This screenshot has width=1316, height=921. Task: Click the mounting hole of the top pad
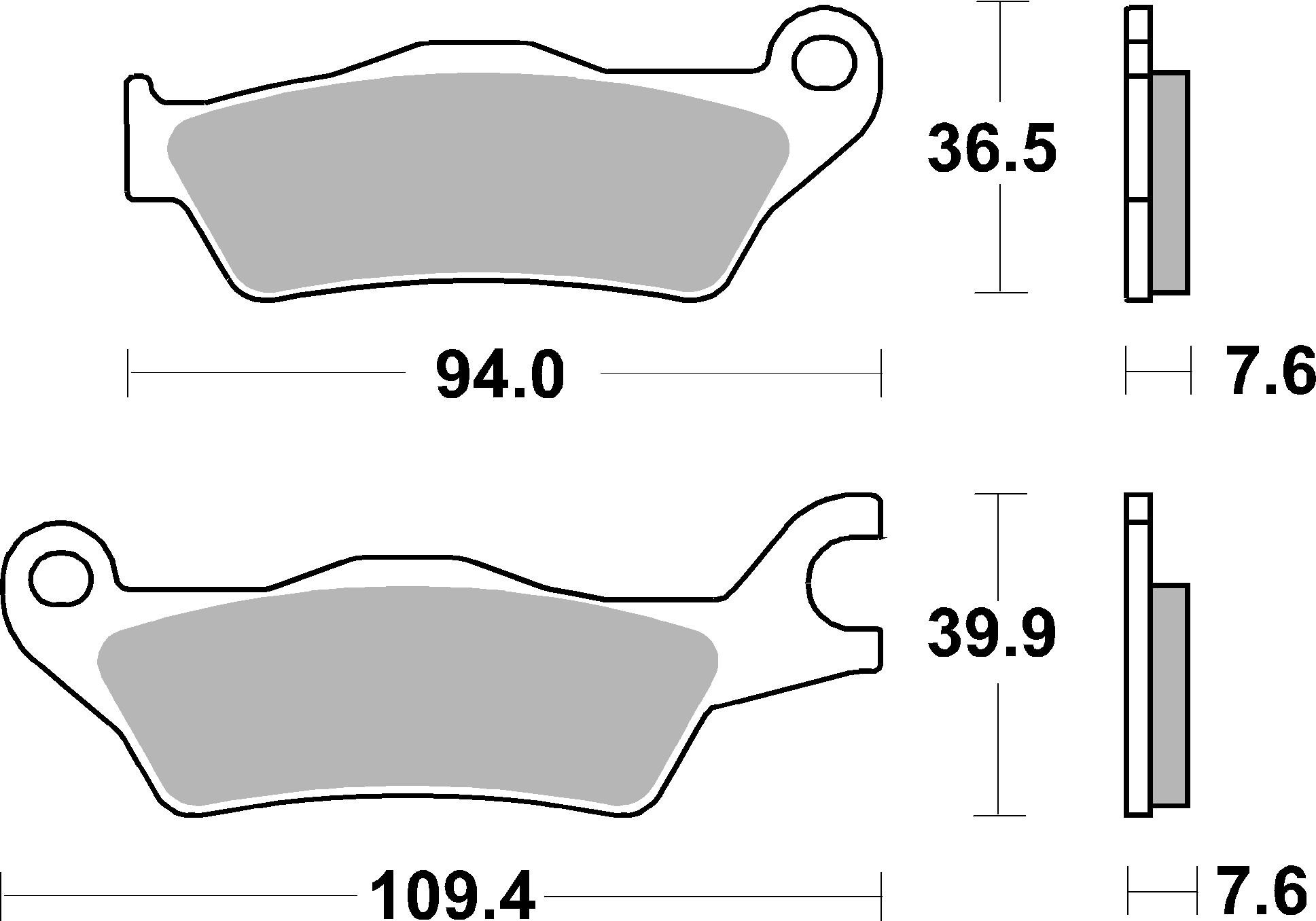point(823,63)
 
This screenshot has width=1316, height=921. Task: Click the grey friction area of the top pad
point(476,183)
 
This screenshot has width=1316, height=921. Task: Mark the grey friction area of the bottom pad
point(408,700)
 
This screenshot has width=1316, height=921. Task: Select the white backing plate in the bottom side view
point(1139,679)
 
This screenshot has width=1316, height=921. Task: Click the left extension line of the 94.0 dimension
point(128,373)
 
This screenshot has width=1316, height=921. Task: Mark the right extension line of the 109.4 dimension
point(882,895)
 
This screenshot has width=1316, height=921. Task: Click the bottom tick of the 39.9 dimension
point(998,815)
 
